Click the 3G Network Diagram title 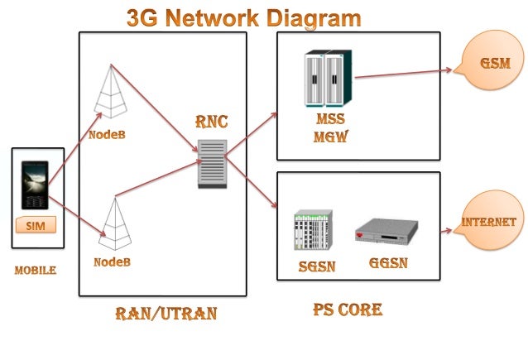click(x=243, y=17)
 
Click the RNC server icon click(x=212, y=165)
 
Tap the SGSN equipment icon click(x=312, y=233)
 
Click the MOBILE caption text click(x=36, y=270)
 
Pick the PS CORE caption click(x=348, y=310)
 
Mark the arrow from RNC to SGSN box click(x=252, y=182)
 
